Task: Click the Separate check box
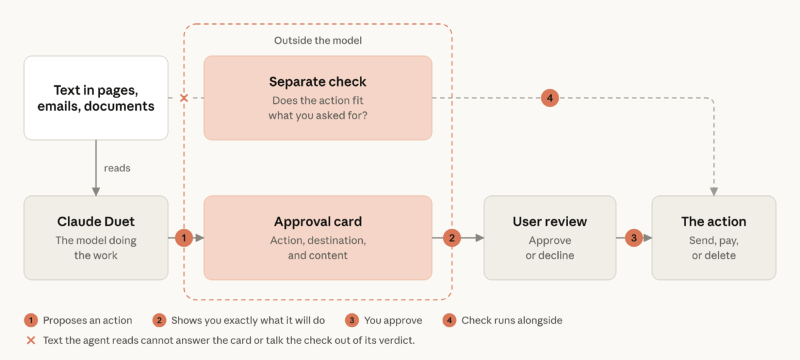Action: (x=318, y=97)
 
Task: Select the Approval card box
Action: (x=318, y=237)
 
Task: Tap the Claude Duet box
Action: (x=96, y=237)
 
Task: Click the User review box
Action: (x=549, y=237)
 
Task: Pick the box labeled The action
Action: (x=713, y=237)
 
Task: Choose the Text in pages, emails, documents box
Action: (x=96, y=97)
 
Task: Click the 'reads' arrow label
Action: (x=117, y=168)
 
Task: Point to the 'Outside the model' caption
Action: (x=318, y=41)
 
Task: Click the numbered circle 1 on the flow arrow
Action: (x=184, y=237)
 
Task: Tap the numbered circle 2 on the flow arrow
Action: (x=452, y=237)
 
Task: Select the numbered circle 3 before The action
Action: (x=634, y=237)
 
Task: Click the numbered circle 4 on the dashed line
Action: (x=550, y=98)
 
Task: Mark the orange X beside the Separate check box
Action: (x=184, y=98)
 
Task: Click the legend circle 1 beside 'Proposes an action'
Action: (x=31, y=321)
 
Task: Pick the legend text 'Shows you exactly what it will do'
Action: (x=248, y=321)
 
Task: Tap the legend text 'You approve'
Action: (x=393, y=321)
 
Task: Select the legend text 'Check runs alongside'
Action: (x=512, y=321)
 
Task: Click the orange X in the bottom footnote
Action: (x=31, y=341)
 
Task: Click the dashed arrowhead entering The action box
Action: (x=714, y=192)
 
